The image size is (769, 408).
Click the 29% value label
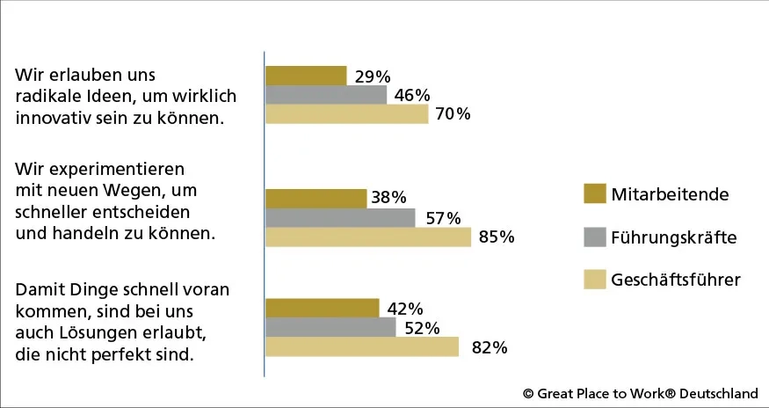click(373, 76)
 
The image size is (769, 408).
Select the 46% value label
click(412, 95)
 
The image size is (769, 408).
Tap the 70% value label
click(453, 114)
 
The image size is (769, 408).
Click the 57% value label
click(443, 218)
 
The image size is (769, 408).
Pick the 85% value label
click(496, 237)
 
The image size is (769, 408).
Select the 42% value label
click(405, 309)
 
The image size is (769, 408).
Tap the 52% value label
click(422, 328)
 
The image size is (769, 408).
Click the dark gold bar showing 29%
click(306, 76)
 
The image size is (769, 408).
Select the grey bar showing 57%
click(340, 218)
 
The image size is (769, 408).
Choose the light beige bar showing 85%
click(368, 237)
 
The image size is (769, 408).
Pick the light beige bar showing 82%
click(362, 347)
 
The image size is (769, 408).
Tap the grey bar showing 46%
click(326, 95)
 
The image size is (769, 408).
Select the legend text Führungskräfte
click(674, 237)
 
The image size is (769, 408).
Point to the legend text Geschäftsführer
click(676, 280)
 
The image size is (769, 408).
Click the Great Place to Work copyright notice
click(640, 394)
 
